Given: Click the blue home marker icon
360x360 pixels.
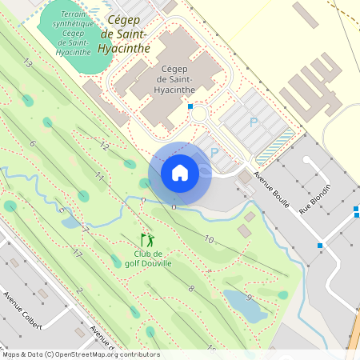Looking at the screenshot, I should point(180,172).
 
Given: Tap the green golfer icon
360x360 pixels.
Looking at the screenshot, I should point(147,239).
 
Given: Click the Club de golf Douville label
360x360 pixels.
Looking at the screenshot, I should point(148,258).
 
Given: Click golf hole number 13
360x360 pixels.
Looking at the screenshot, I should point(27,62).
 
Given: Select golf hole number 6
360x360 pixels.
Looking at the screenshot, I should point(33,143).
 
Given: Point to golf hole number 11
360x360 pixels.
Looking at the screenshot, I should point(100,176).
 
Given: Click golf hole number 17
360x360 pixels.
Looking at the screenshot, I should point(77,254).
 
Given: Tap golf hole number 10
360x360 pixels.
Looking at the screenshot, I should point(208,239).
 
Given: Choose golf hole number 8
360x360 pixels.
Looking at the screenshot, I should point(191,288).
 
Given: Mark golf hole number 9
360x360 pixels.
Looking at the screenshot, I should point(249,298).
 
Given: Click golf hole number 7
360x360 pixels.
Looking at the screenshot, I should point(86,230).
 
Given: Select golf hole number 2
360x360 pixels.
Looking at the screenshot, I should point(80,290).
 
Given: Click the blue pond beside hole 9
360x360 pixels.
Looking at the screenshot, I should point(243,308).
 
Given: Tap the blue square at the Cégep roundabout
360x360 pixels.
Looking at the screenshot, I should point(190,106).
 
